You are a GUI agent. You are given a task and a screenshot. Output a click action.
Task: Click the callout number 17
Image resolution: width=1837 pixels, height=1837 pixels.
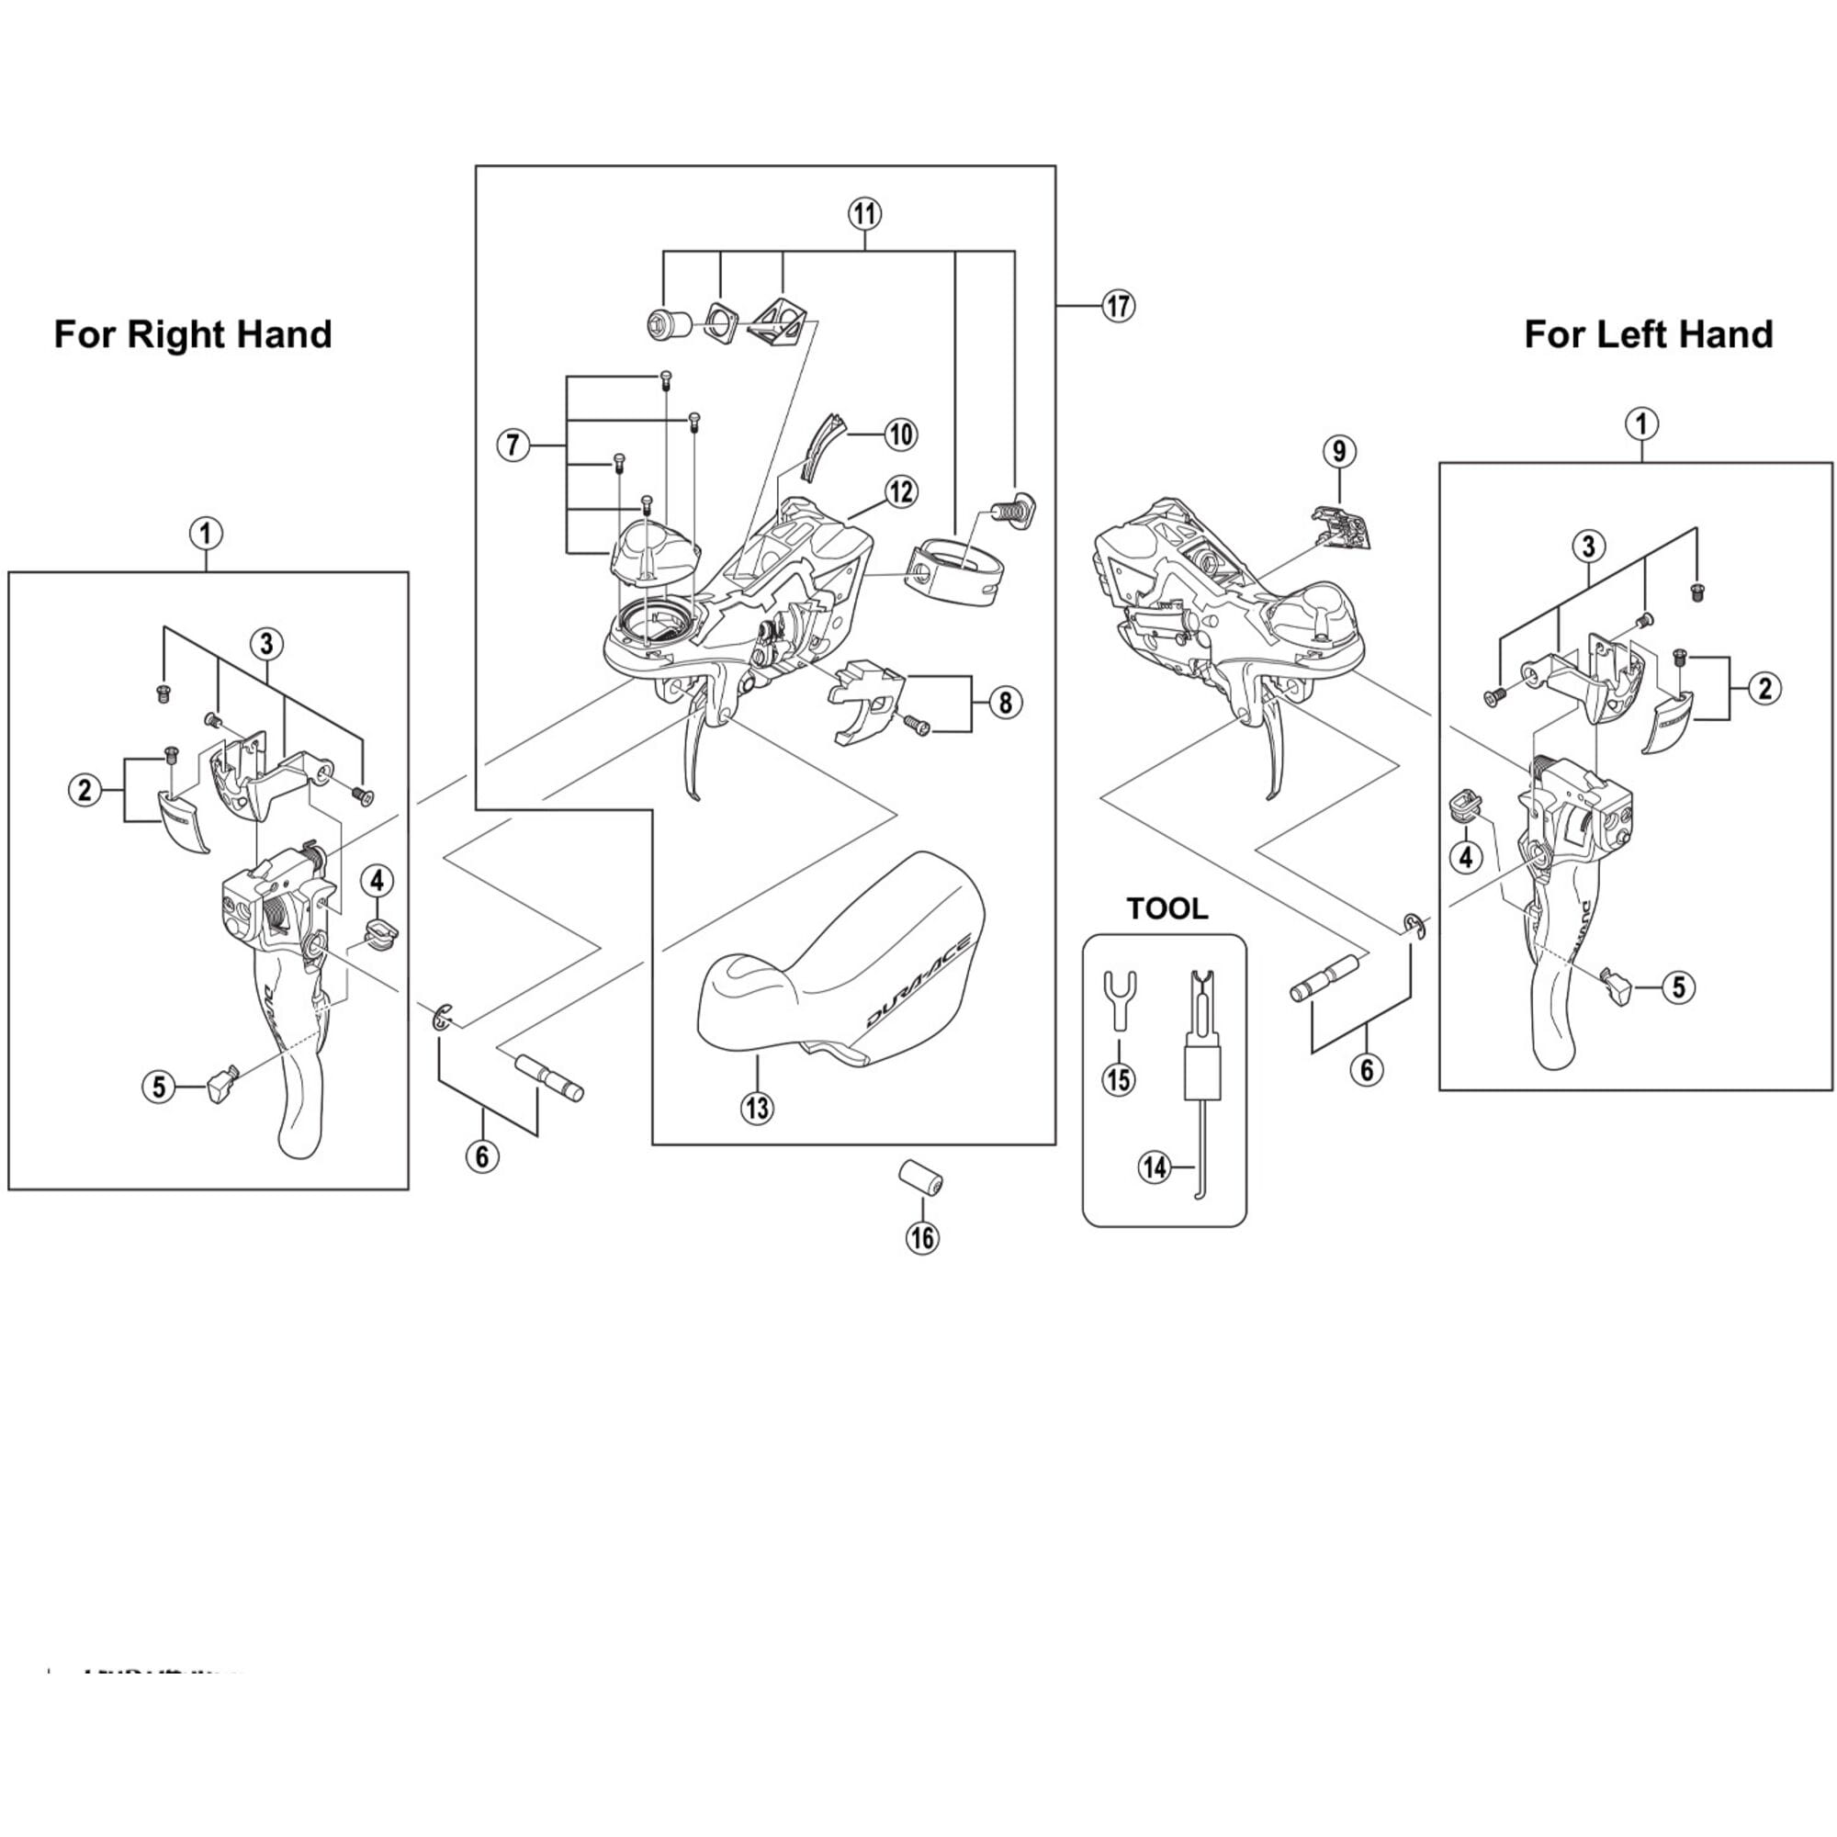pyautogui.click(x=1118, y=306)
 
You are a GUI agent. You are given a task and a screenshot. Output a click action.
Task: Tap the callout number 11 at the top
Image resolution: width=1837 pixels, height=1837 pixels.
pyautogui.click(x=863, y=213)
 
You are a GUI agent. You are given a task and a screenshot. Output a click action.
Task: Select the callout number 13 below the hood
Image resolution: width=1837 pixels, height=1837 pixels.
pyautogui.click(x=758, y=1108)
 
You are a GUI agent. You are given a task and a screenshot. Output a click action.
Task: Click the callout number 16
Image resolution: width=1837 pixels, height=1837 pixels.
pyautogui.click(x=921, y=1237)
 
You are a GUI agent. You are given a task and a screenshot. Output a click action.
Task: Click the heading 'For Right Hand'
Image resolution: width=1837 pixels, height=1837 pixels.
pyautogui.click(x=192, y=334)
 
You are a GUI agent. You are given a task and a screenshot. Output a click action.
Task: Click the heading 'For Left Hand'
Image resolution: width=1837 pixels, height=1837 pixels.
pyautogui.click(x=1648, y=334)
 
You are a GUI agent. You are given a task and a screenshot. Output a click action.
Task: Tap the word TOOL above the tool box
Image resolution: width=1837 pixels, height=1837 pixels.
pyautogui.click(x=1166, y=908)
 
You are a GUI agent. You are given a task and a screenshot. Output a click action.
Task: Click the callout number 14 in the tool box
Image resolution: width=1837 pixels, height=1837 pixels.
pyautogui.click(x=1155, y=1166)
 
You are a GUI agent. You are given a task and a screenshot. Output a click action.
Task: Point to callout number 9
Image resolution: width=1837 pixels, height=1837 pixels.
pyautogui.click(x=1339, y=451)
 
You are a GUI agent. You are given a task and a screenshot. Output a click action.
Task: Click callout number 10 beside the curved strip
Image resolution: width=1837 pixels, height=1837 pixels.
pyautogui.click(x=899, y=435)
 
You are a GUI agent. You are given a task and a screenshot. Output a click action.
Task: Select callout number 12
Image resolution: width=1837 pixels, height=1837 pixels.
pyautogui.click(x=899, y=491)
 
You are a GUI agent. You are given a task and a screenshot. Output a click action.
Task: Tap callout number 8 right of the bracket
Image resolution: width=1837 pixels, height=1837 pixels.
pyautogui.click(x=1005, y=704)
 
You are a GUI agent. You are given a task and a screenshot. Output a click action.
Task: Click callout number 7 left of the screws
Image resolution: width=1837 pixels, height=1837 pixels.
pyautogui.click(x=513, y=444)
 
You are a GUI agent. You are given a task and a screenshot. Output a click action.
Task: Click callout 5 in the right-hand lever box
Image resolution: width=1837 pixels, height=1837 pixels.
pyautogui.click(x=159, y=1086)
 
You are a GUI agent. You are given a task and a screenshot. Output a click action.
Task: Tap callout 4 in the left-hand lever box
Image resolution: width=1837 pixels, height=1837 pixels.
pyautogui.click(x=1465, y=857)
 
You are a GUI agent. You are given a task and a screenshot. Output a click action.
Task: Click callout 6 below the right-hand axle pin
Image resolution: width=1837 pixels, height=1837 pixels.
pyautogui.click(x=482, y=1156)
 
